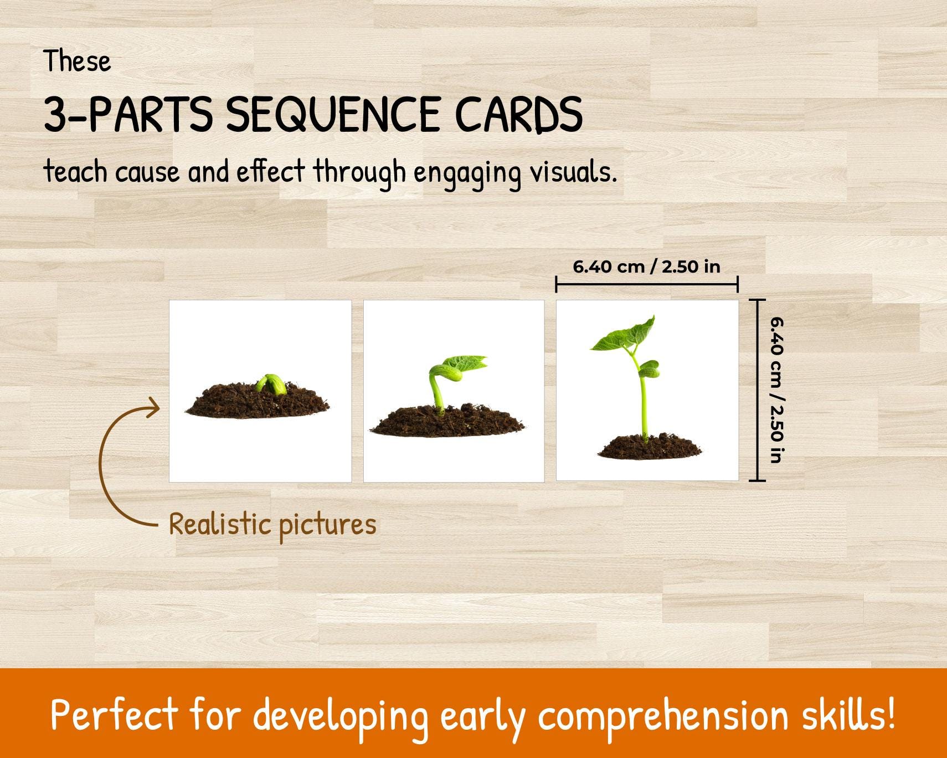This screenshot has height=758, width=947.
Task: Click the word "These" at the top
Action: pos(78,61)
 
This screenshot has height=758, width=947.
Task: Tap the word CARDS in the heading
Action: pos(518,114)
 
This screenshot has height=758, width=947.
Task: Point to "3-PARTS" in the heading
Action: pos(128,114)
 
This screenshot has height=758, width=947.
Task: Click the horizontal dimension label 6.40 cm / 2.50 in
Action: pos(646,267)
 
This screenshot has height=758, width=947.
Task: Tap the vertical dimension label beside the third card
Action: pos(776,390)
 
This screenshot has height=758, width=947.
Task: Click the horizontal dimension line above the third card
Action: pos(646,285)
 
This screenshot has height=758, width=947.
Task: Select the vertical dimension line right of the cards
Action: pos(757,390)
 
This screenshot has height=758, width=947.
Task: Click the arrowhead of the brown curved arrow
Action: pos(153,409)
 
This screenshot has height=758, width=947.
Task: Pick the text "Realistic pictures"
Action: pos(272,524)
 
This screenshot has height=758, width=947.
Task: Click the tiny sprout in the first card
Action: pos(271,383)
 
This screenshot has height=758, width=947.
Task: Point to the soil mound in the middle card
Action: pos(446,422)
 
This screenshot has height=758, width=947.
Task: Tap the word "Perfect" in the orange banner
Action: pos(115,715)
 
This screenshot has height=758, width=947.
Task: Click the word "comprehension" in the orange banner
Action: pos(662,715)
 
